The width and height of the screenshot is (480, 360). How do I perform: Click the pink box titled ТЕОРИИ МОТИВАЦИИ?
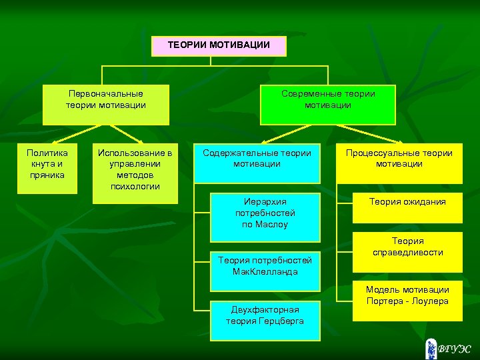tap(219, 46)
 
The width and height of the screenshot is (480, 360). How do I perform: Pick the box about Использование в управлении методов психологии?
tap(135, 173)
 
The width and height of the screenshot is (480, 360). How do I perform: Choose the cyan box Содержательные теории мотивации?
tap(257, 163)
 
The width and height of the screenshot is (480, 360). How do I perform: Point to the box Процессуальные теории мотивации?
tap(399, 163)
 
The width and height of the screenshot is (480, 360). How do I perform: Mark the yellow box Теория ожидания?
tap(408, 207)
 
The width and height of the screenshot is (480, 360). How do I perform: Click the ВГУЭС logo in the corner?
tap(449, 347)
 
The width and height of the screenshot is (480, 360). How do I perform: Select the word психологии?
tap(135, 186)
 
